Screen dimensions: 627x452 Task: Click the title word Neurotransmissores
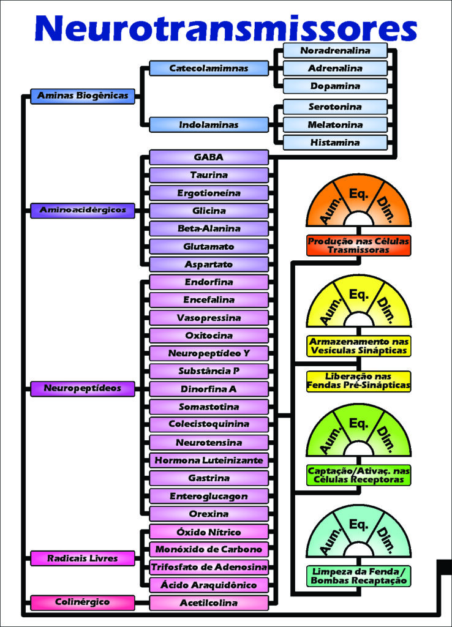226,28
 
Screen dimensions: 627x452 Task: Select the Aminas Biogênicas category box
83,96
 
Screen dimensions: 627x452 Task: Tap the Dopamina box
335,86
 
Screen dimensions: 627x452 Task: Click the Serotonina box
335,107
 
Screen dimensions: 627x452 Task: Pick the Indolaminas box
209,125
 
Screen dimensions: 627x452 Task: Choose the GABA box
209,157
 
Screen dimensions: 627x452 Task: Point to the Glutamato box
209,246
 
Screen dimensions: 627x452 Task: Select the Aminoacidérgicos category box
83,210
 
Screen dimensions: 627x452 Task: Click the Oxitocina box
209,336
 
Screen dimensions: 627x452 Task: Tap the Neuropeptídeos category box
83,388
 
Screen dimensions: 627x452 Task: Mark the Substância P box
209,371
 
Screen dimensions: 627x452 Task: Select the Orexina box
209,513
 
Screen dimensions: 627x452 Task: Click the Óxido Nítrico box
209,531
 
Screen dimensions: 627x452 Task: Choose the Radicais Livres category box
83,558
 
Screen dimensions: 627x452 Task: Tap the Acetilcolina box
209,603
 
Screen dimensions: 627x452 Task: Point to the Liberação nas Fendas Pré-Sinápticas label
359,381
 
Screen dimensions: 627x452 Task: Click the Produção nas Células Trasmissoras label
359,245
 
